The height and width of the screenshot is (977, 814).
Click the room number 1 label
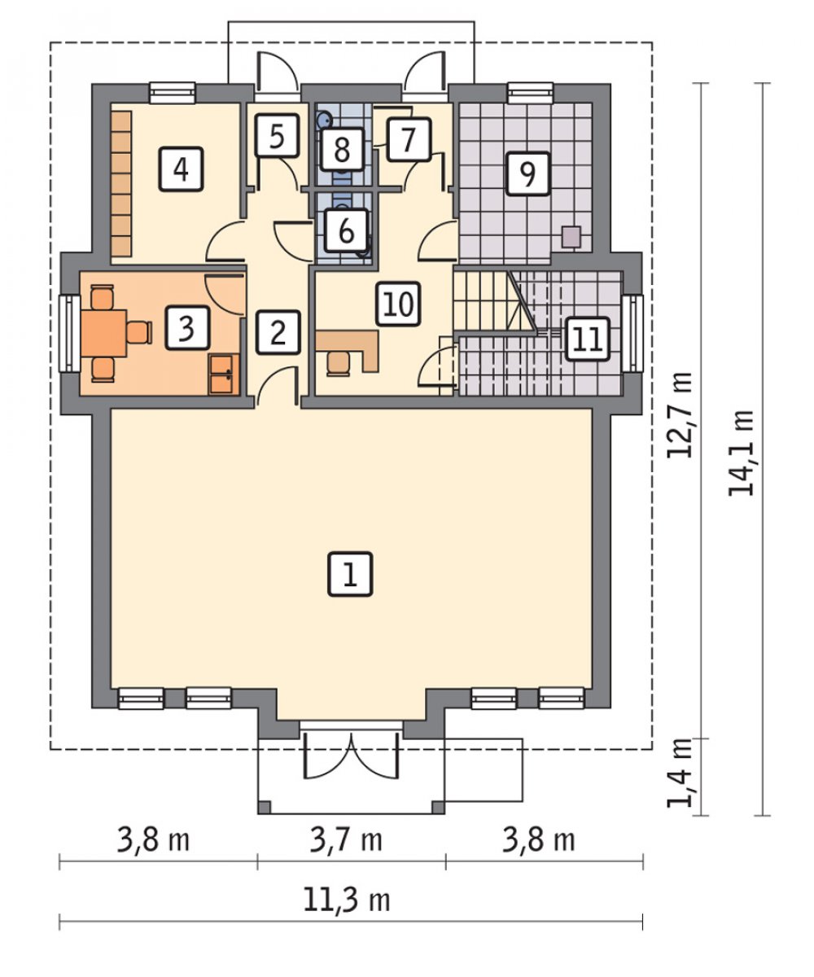350,574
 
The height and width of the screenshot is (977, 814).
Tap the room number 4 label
181,169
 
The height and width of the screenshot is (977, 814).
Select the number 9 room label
527,173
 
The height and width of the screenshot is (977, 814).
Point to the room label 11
587,340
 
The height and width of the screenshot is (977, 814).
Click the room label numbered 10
398,304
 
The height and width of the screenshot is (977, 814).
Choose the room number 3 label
186,327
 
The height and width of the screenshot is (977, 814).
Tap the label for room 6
346,230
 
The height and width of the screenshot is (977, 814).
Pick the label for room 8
342,149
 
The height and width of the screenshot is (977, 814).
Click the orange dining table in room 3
104,333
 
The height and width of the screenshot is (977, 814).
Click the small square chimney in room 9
571,237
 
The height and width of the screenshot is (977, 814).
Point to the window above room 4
172,92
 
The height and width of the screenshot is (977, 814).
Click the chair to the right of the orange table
139,332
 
